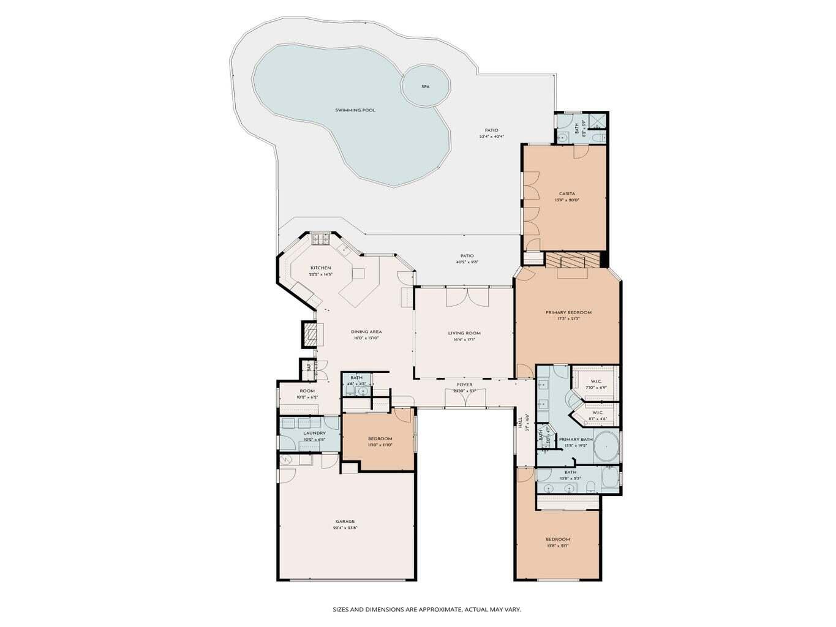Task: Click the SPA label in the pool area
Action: coord(425,87)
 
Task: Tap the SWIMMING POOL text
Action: coord(355,110)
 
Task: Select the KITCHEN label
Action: coord(320,268)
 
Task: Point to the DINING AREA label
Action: coord(366,332)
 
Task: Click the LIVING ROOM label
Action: coord(464,334)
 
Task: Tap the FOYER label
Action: coord(464,385)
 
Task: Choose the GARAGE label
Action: coord(345,522)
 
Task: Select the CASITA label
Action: coord(567,193)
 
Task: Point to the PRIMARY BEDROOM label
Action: coord(568,312)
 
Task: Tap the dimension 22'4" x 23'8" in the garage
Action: coord(345,528)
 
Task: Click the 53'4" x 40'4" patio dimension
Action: coord(491,137)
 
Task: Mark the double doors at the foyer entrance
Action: coord(465,399)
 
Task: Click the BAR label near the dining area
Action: coord(309,367)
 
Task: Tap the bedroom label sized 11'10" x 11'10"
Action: coord(380,439)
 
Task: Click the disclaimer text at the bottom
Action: coord(427,610)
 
